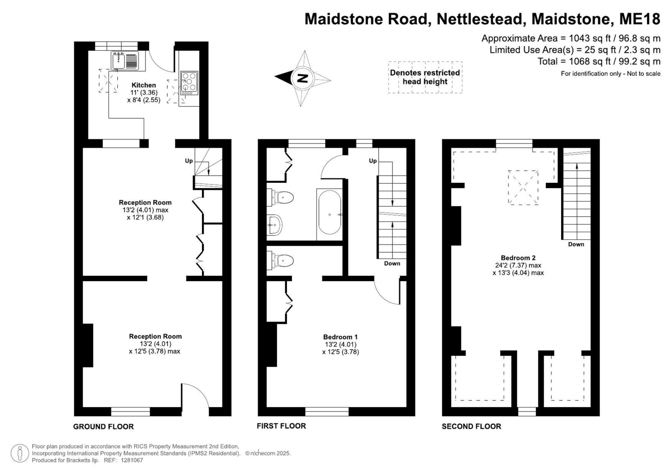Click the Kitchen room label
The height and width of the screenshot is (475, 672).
click(143, 85)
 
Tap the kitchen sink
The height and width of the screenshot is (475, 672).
click(125, 61)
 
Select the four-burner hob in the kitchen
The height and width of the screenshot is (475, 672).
click(189, 83)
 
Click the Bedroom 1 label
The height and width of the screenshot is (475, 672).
click(340, 337)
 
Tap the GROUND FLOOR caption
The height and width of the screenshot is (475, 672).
click(103, 427)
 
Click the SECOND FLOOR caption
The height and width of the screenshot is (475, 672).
click(471, 426)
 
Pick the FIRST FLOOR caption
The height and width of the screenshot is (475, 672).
click(281, 426)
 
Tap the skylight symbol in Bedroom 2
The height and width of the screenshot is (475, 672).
click(523, 187)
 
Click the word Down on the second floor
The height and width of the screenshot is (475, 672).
click(576, 244)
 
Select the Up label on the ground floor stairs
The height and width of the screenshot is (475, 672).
click(189, 161)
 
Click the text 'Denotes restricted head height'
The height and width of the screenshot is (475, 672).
click(425, 77)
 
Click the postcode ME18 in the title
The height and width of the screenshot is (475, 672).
click(640, 19)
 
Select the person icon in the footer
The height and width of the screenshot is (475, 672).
click(20, 453)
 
